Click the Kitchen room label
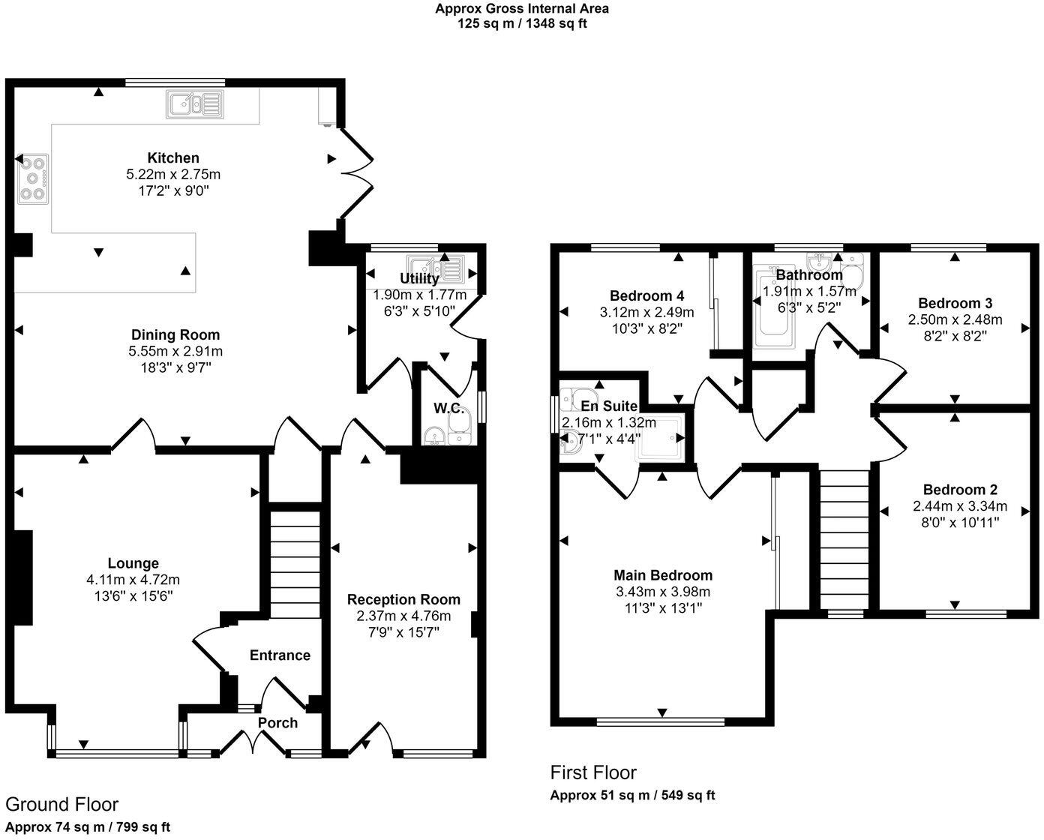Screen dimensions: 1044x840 [173, 157]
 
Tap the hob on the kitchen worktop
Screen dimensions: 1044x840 [34, 178]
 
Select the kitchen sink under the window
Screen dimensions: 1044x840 [195, 103]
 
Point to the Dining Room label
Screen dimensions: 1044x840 [175, 334]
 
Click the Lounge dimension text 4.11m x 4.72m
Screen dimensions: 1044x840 [133, 580]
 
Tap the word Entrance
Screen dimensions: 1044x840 [280, 655]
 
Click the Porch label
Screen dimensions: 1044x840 [277, 722]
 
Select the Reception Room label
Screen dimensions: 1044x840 [403, 600]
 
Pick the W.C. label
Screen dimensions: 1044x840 [448, 408]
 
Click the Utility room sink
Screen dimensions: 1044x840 [436, 268]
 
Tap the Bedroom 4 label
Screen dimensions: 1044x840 [646, 295]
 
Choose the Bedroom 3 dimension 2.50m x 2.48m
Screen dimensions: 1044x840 [955, 319]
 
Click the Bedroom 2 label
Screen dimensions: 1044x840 [959, 490]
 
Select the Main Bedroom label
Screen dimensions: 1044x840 [663, 575]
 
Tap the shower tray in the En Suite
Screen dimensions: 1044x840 [660, 438]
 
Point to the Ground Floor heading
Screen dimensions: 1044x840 [61, 805]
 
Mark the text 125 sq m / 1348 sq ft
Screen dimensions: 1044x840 [522, 23]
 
